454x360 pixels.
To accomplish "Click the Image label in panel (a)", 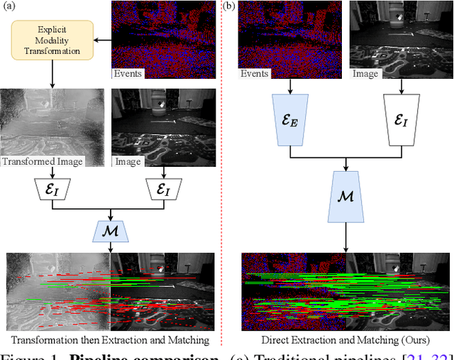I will (x=128, y=161).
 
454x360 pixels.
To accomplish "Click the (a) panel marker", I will (x=8, y=6).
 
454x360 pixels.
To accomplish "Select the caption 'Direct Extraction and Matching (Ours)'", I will (x=346, y=339).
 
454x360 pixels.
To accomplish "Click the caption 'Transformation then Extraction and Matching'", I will (x=109, y=339).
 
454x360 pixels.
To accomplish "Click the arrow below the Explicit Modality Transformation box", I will (x=51, y=74).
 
